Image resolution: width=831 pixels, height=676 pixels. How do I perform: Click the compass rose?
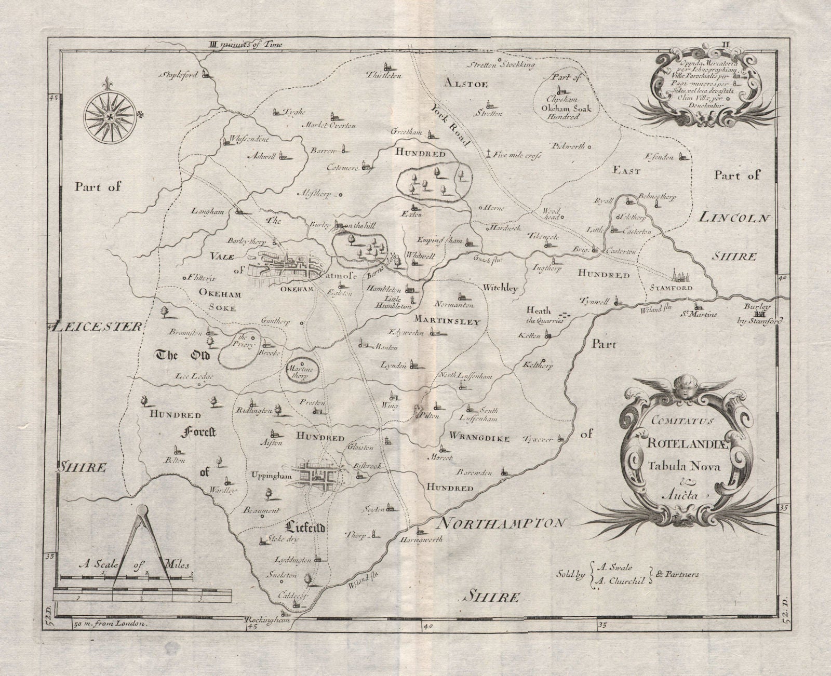pyautogui.click(x=110, y=118)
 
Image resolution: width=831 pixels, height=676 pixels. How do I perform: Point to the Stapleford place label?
pyautogui.click(x=177, y=75)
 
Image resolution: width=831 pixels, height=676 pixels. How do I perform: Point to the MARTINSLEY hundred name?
pyautogui.click(x=455, y=322)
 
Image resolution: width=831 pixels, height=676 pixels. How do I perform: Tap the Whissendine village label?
pyautogui.click(x=244, y=140)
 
